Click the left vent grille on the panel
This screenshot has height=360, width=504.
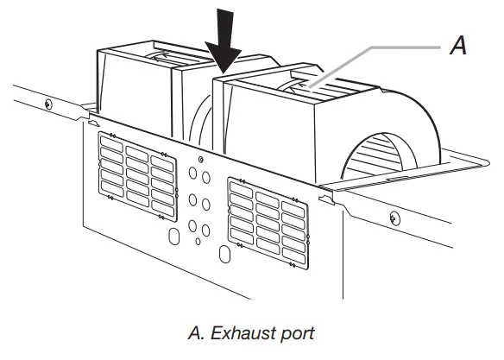pyautogui.click(x=136, y=168)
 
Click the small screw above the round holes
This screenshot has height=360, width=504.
pyautogui.click(x=200, y=160)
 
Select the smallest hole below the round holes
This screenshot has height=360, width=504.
pyautogui.click(x=198, y=241)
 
